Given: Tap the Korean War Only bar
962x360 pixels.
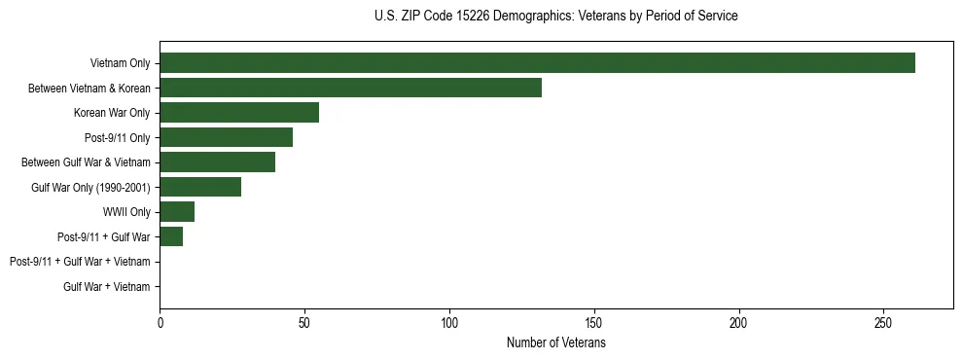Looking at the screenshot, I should point(239,113).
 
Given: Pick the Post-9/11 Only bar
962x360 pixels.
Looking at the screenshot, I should point(226,137).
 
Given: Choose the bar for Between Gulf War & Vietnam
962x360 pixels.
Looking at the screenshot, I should point(217,162).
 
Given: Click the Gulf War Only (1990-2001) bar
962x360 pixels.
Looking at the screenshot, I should point(200,187).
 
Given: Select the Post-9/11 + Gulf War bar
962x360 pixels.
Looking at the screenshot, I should point(171,236).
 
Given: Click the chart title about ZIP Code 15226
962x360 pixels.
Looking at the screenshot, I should point(555,17).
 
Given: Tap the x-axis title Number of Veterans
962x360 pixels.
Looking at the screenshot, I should point(555,343).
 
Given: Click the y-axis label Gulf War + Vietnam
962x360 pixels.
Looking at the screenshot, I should point(107,287).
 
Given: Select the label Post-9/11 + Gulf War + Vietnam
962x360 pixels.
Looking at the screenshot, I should point(80,262).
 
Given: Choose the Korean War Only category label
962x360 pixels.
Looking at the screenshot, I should point(112,113).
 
